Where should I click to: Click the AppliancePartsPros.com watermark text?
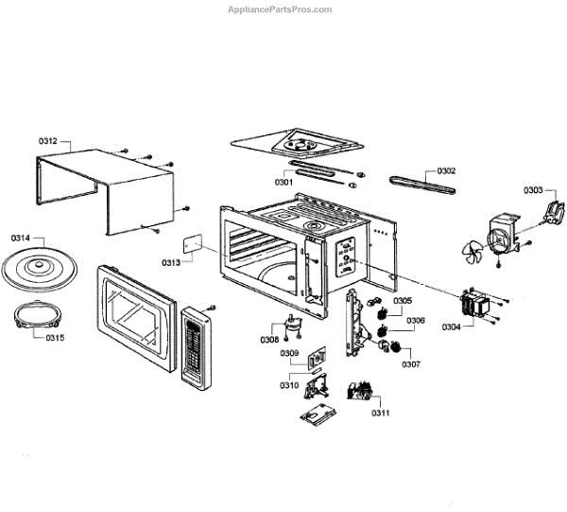(281, 9)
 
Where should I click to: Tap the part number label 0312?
(48, 141)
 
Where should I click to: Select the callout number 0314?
(21, 238)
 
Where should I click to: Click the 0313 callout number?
(171, 262)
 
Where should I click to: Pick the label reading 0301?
(283, 181)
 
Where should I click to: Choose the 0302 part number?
(446, 171)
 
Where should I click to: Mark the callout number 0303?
(534, 190)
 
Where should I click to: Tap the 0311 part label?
(380, 413)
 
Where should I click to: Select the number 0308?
(269, 339)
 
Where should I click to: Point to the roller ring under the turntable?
(36, 317)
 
